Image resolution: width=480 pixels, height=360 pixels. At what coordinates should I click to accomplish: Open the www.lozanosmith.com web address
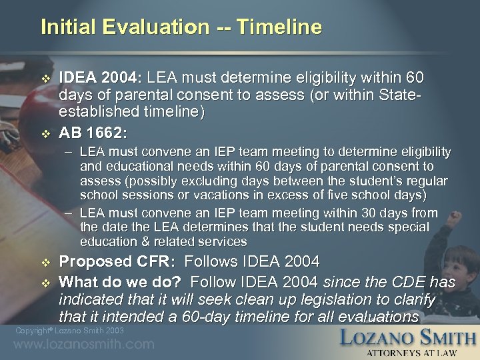[x=84, y=345]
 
